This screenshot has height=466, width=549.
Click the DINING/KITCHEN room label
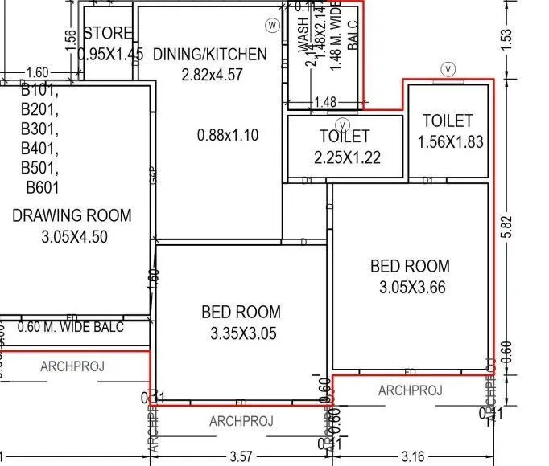click(209, 55)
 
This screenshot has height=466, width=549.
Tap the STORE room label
click(108, 34)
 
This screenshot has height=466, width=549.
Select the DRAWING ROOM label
click(72, 215)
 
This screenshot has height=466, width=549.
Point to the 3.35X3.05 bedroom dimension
click(241, 333)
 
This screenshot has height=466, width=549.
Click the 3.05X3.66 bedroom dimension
click(410, 287)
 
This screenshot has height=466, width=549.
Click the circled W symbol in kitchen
click(272, 26)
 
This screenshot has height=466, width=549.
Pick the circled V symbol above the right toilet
click(448, 69)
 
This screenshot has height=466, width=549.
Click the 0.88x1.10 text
click(228, 135)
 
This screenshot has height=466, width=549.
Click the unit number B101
click(40, 89)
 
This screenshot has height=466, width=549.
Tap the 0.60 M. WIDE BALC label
click(70, 327)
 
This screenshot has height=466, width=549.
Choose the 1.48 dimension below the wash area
click(324, 102)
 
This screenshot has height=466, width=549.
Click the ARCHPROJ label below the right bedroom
click(410, 390)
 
